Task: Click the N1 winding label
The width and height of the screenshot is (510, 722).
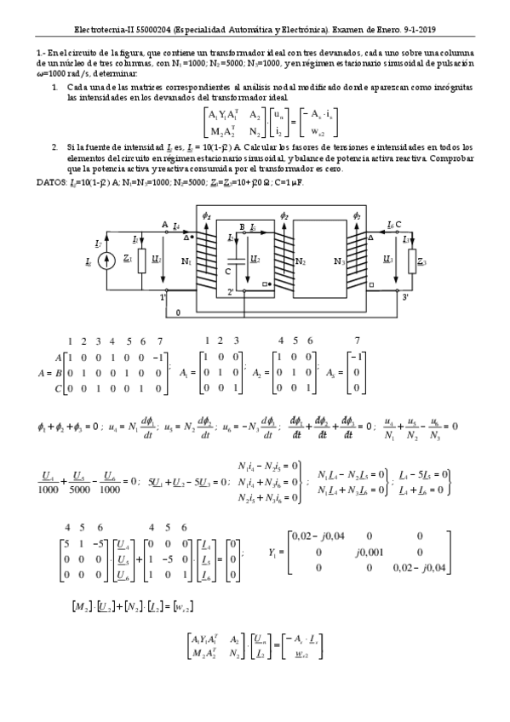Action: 186,261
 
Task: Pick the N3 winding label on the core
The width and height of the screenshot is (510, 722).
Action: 340,261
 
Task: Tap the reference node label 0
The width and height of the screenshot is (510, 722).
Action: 177,313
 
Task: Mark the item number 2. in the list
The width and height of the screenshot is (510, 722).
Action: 55,146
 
